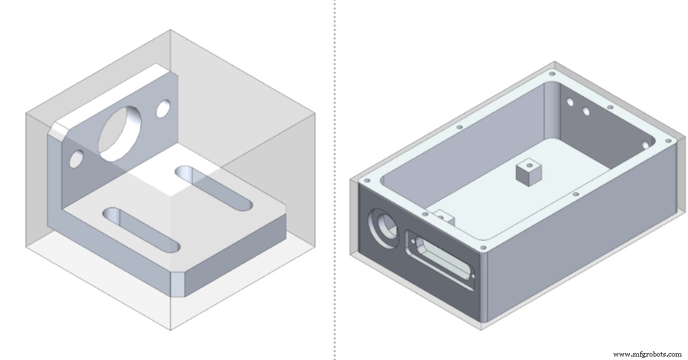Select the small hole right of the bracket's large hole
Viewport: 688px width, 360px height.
(x=163, y=108)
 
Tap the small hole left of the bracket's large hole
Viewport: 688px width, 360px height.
(x=76, y=158)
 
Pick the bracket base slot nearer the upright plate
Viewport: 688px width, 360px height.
(x=214, y=187)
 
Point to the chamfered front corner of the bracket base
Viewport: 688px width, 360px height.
(x=179, y=284)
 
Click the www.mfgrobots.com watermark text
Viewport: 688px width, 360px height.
(x=647, y=354)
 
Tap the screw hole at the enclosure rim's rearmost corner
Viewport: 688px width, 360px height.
(x=552, y=74)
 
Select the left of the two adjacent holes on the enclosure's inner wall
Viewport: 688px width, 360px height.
(x=570, y=102)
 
